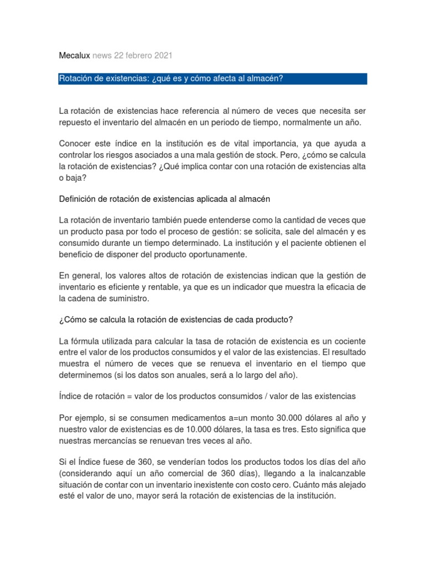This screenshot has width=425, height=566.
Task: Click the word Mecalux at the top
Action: pos(74,55)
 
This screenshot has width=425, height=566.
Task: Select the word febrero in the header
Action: pos(135,55)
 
